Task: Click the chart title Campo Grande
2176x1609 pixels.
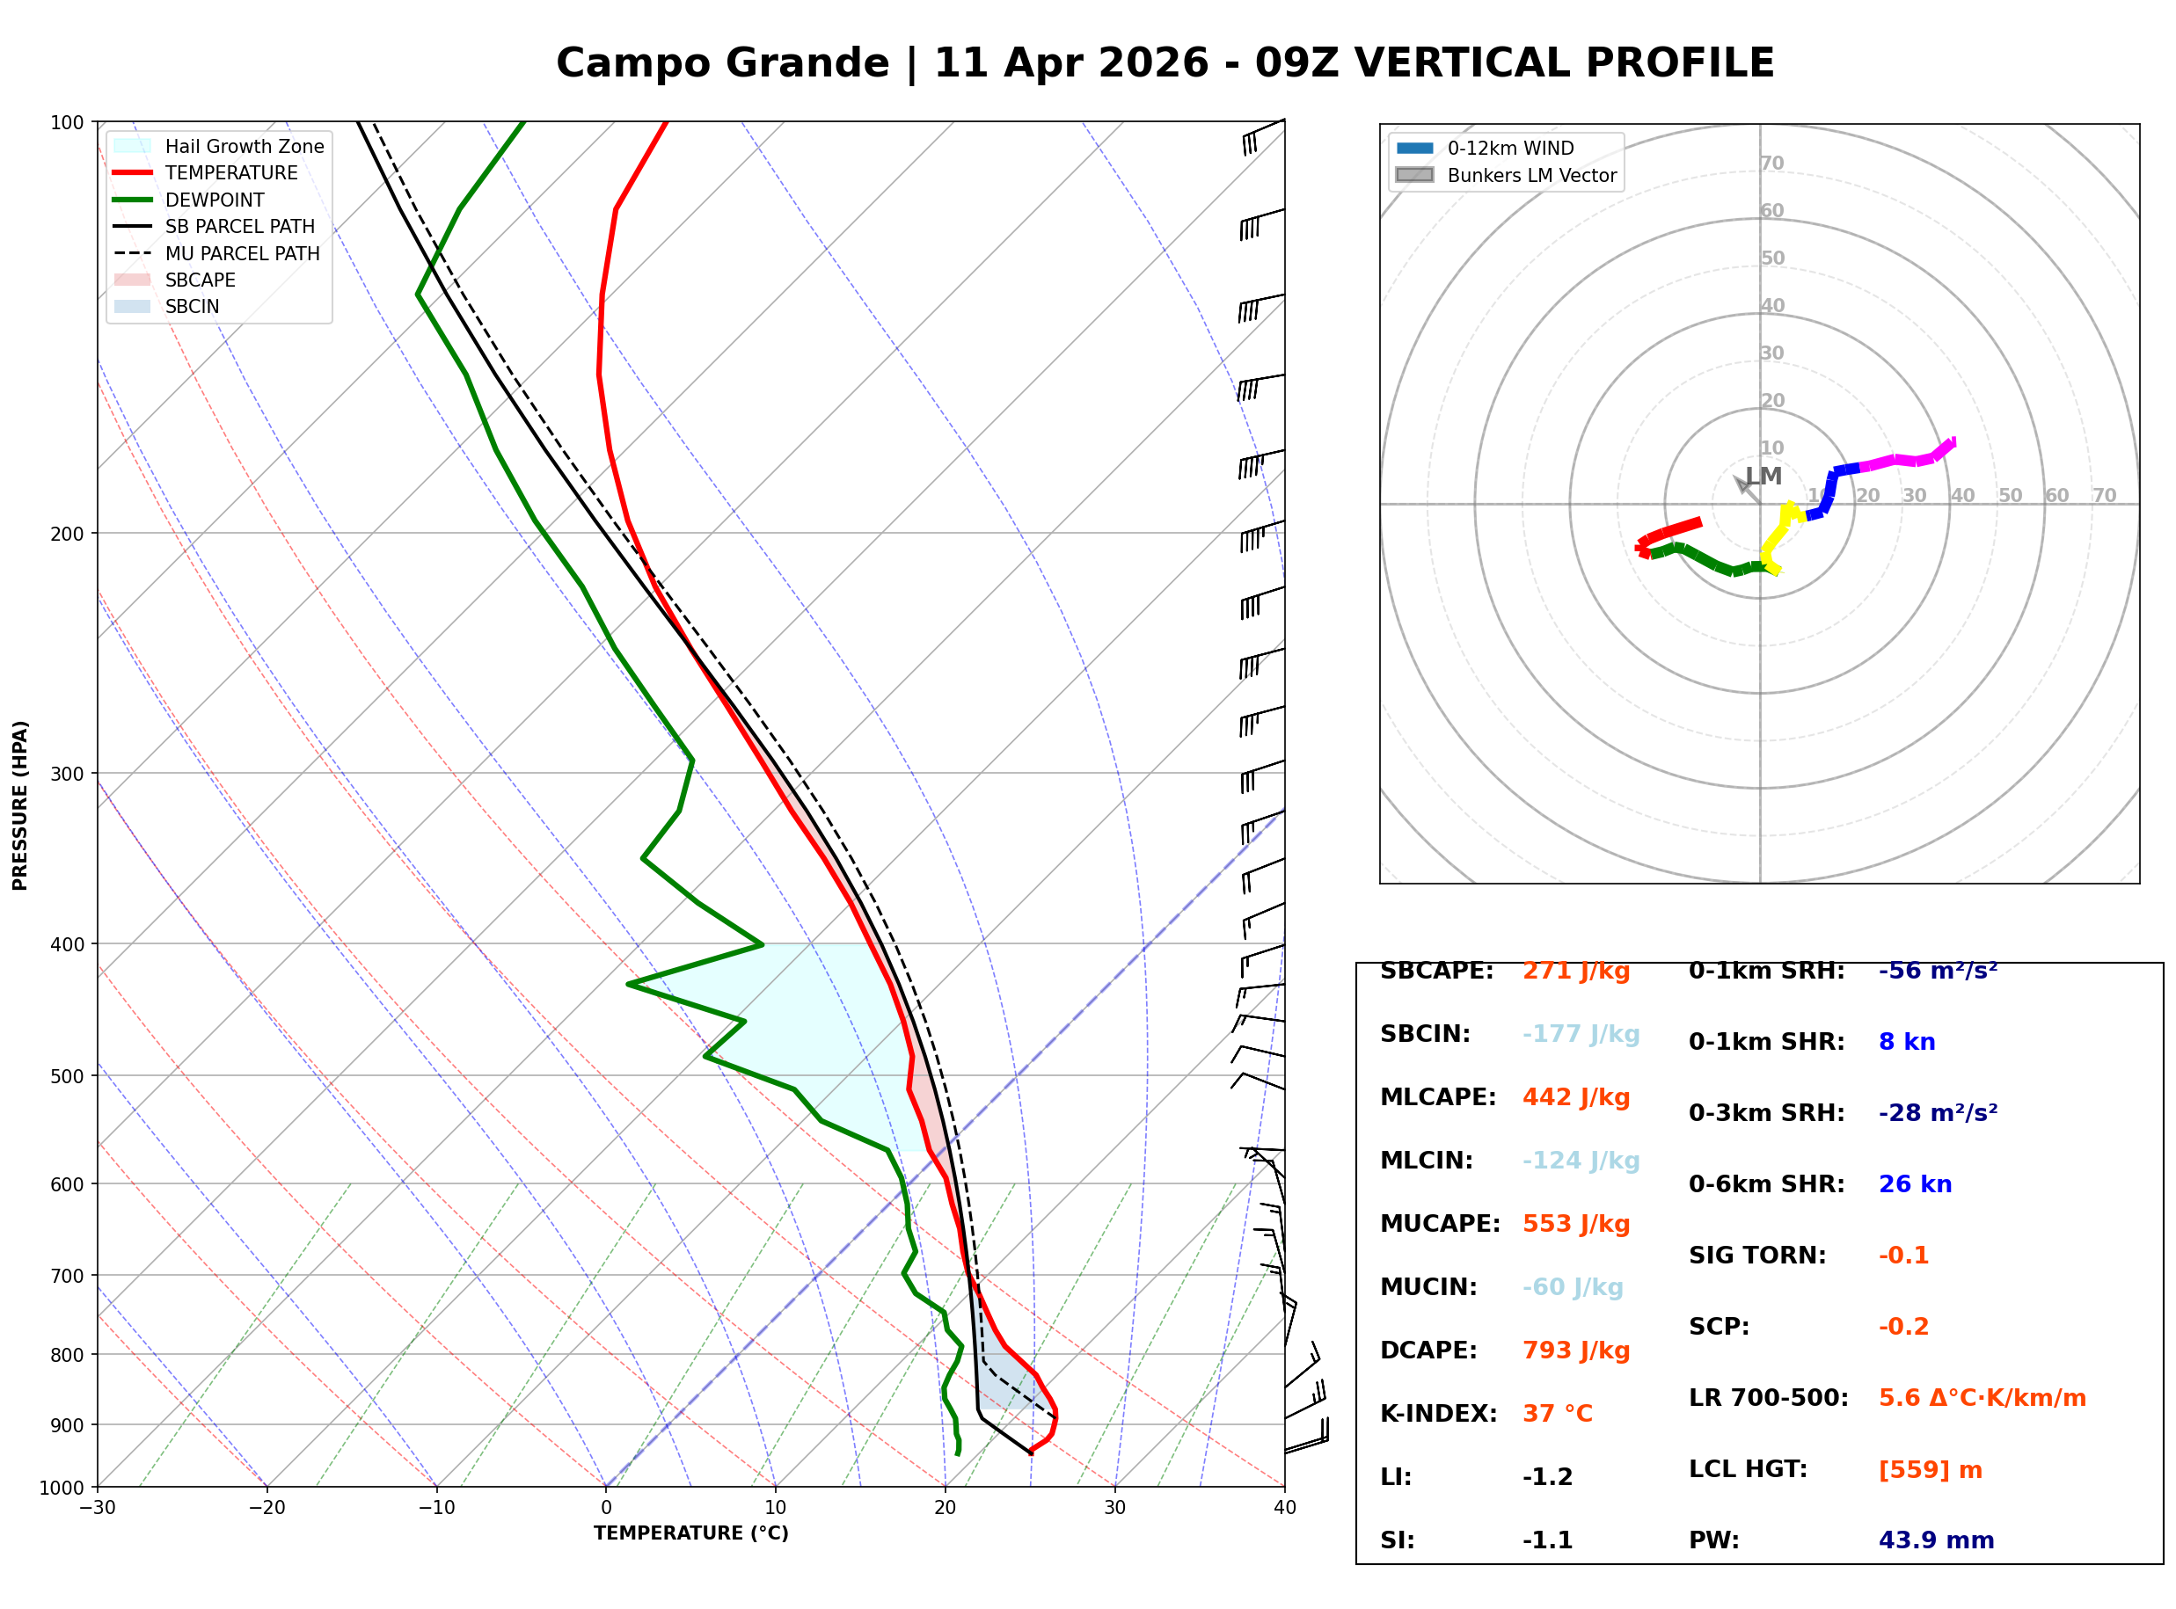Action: pyautogui.click(x=723, y=63)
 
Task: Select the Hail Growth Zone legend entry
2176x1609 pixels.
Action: pyautogui.click(x=218, y=146)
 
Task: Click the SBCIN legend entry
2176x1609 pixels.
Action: pyautogui.click(x=166, y=307)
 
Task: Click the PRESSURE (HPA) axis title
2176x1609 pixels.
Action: pyautogui.click(x=20, y=805)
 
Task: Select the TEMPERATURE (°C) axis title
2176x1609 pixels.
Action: pyautogui.click(x=691, y=1533)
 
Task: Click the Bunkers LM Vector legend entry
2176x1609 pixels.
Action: pyautogui.click(x=1507, y=175)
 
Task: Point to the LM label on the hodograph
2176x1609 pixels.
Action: pyautogui.click(x=1764, y=477)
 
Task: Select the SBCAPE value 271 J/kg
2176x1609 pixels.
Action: pyautogui.click(x=1576, y=971)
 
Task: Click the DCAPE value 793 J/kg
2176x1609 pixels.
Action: pyautogui.click(x=1576, y=1351)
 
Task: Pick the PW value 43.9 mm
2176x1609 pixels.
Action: pyautogui.click(x=1937, y=1540)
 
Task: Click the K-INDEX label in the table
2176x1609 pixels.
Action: pyautogui.click(x=1439, y=1414)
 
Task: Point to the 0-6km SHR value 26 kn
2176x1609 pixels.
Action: pyautogui.click(x=1916, y=1184)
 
